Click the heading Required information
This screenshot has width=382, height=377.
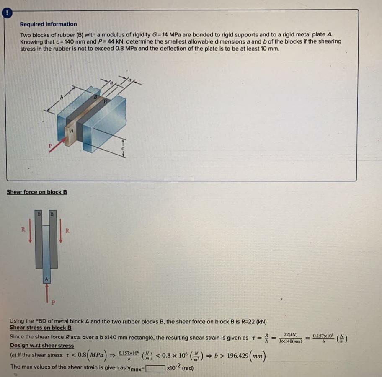[x=48, y=24]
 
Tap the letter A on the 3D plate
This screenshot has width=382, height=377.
[x=72, y=131]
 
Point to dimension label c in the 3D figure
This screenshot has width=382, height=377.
[x=123, y=147]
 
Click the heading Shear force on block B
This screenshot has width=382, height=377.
[x=37, y=192]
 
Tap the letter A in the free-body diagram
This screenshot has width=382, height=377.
[x=46, y=278]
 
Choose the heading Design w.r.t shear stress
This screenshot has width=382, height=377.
[x=41, y=346]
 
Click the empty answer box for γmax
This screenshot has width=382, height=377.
[x=155, y=369]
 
